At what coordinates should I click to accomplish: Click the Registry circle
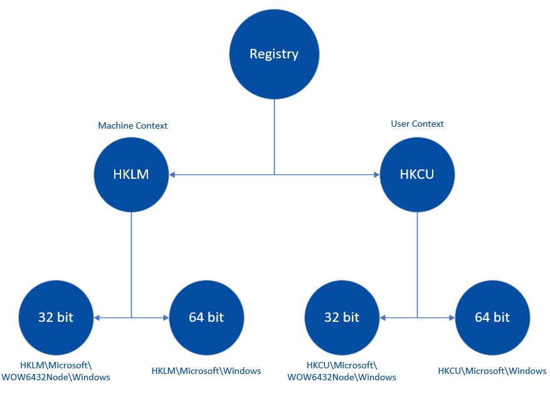coord(274,54)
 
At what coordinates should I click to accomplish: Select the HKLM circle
coord(131,174)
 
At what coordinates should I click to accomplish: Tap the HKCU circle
coord(417,174)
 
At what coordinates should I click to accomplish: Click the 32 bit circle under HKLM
coord(56,317)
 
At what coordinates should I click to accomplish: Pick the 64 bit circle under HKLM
coord(206,317)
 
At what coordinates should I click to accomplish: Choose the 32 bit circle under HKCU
coord(342,317)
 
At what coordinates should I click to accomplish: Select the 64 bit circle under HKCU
coord(492,317)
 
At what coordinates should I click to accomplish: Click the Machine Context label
coord(133,125)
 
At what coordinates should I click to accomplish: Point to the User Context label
coord(417,124)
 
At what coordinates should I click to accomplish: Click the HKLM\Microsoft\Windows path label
coord(206,371)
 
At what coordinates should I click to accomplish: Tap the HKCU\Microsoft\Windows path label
coord(492,371)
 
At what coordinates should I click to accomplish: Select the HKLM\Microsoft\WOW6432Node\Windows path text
coord(56,371)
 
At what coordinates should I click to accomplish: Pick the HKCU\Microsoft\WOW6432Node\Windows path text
coord(342,371)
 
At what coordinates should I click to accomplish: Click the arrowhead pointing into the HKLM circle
coord(172,174)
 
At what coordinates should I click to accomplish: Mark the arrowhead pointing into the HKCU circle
coord(376,174)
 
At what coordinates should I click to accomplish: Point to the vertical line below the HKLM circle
coord(131,264)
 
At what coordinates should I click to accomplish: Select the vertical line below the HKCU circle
coord(417,264)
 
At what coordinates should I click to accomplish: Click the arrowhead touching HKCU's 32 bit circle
coord(383,317)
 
